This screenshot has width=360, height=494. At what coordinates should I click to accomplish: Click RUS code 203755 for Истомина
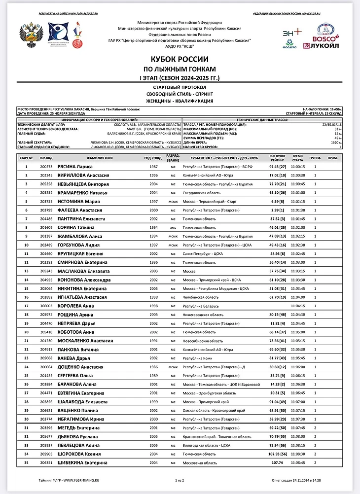pos(46,201)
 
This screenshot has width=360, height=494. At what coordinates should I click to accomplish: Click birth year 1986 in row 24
pos(153,367)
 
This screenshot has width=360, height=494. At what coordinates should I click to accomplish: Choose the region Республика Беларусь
pos(202,306)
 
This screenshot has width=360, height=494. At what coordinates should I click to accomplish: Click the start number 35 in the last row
pos(26,462)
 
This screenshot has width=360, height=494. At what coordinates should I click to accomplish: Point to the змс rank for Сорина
pos(173,227)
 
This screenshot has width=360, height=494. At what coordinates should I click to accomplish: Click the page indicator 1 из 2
pos(180,480)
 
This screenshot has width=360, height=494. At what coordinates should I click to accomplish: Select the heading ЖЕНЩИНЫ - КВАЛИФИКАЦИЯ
pos(179,101)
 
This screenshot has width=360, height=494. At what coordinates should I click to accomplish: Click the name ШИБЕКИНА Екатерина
pos(82,462)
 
